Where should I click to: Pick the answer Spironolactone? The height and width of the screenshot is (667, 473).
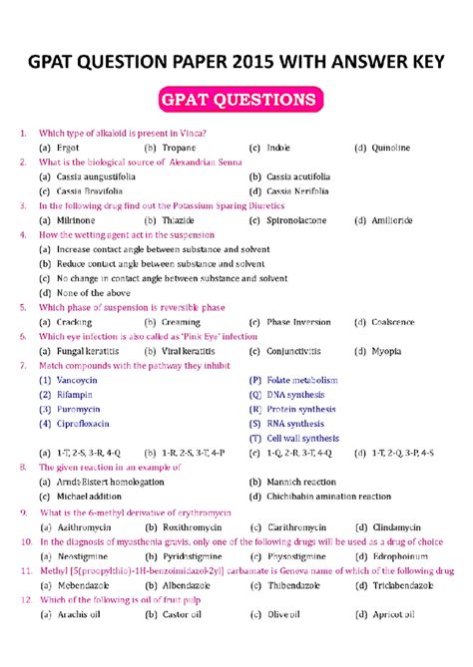point(301,219)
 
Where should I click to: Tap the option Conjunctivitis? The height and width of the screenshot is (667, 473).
point(293,351)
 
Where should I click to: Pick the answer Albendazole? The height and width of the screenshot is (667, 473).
point(191,586)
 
